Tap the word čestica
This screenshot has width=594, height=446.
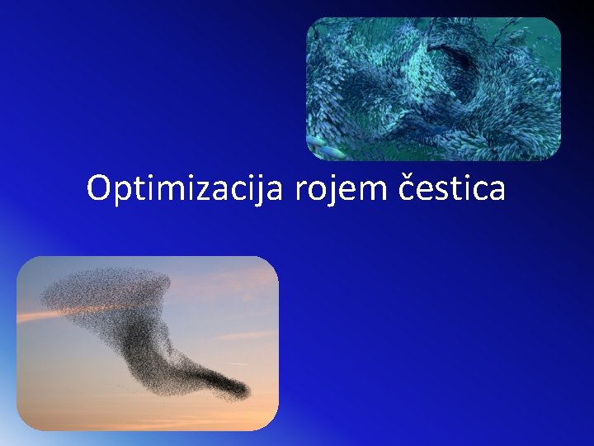[452, 189]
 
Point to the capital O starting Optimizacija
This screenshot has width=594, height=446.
[99, 188]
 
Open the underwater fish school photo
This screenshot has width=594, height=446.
[433, 88]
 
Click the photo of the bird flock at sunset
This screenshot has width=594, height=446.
[148, 343]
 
